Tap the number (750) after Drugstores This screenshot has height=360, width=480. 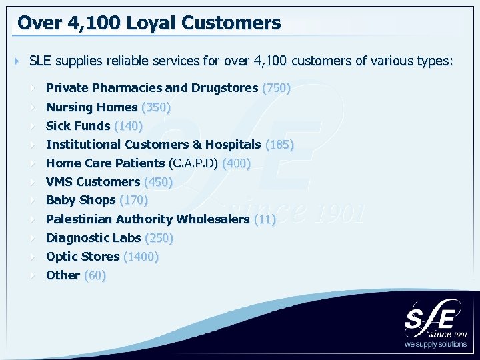[276, 88]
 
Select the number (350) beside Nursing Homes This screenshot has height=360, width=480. [156, 107]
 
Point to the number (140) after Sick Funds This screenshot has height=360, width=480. [129, 125]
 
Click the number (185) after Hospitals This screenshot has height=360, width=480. [279, 144]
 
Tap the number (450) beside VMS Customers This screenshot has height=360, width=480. [158, 181]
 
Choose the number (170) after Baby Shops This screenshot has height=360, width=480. [133, 199]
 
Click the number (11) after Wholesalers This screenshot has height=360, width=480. [265, 219]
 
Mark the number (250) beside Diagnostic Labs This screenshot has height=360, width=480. [159, 237]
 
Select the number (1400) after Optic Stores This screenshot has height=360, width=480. [141, 256]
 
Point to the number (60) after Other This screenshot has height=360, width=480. [95, 275]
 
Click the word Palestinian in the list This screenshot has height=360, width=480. [79, 219]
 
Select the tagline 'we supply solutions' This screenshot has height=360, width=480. [436, 345]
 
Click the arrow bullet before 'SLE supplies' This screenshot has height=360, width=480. [17, 62]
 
